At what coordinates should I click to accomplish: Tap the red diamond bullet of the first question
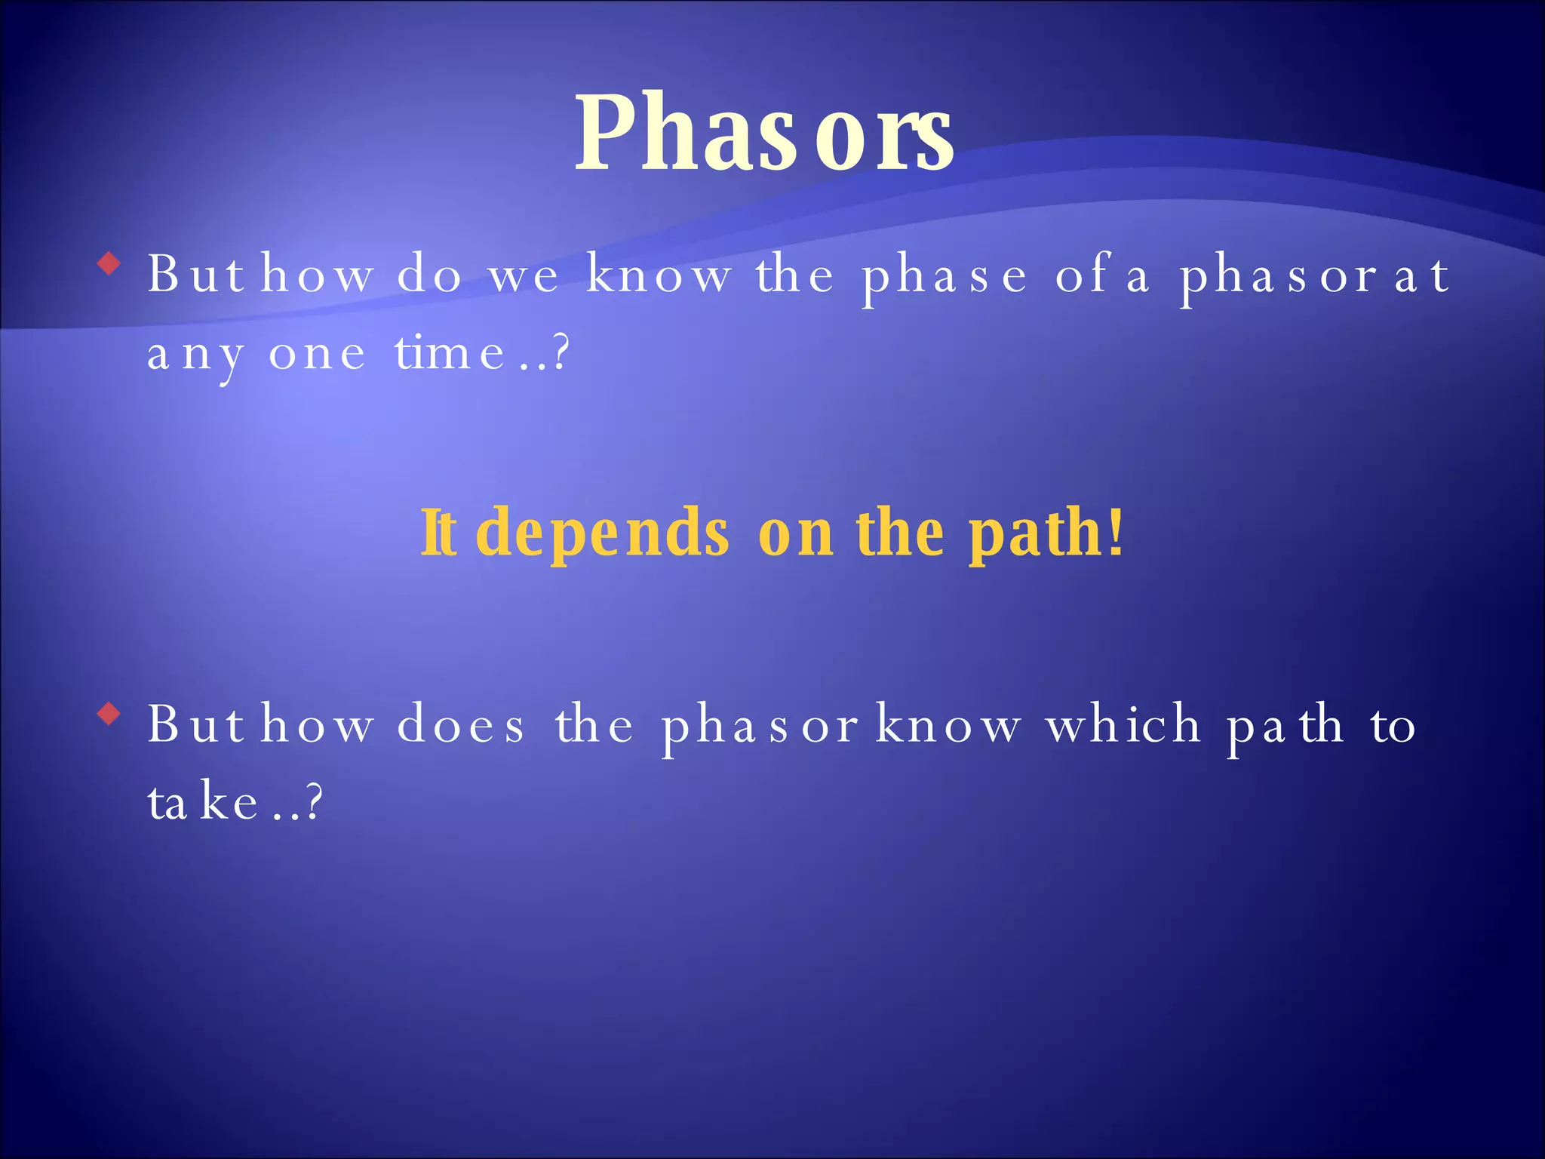[x=110, y=264]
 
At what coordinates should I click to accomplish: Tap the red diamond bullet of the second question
[x=110, y=713]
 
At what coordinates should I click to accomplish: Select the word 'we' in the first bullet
[x=524, y=276]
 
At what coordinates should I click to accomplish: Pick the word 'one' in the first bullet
[x=317, y=355]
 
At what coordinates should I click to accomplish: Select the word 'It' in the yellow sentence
[x=438, y=533]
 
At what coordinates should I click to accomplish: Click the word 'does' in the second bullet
[x=460, y=725]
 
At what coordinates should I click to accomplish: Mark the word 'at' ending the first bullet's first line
[x=1421, y=276]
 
